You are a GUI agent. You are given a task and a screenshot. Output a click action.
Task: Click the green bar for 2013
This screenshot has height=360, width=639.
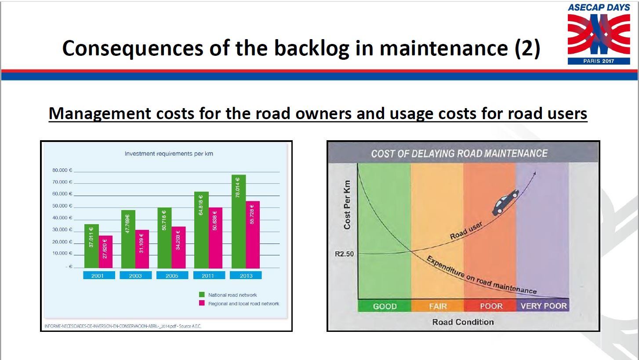coord(239,222)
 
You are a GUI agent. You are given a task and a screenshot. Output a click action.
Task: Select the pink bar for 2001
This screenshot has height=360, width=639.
coord(105,252)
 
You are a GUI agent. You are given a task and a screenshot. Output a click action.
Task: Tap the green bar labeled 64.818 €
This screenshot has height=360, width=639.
coord(201,230)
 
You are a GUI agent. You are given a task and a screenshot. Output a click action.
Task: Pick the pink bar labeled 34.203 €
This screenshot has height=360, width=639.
coord(178,247)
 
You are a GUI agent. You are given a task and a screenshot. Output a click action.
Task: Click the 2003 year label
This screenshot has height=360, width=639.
coord(135,276)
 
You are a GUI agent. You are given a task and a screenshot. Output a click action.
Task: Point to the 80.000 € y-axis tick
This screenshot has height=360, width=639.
coord(62,170)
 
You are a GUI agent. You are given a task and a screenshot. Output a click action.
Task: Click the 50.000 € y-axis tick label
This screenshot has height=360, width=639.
coord(62,206)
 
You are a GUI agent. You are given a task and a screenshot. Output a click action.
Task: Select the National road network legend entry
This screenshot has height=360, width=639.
coord(228,295)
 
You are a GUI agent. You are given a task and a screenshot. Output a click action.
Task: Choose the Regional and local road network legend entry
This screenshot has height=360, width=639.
coord(239,304)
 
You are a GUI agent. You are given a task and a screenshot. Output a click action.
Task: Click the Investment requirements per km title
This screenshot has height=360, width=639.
coord(169,154)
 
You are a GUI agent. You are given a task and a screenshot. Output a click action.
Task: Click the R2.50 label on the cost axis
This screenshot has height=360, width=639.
coord(344,254)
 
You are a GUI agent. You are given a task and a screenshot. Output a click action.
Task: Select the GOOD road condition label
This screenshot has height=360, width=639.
coord(385,306)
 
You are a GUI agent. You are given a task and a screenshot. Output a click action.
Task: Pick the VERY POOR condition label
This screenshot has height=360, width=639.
coord(544,306)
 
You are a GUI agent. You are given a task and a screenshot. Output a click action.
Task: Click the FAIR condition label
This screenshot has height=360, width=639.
coord(438,306)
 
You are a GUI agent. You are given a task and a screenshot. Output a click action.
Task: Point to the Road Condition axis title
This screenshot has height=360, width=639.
coord(463,322)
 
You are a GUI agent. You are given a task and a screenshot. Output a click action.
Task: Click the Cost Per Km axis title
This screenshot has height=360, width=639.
coord(347,205)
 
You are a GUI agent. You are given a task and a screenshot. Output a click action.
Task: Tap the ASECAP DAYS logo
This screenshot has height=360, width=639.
coord(599,34)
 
